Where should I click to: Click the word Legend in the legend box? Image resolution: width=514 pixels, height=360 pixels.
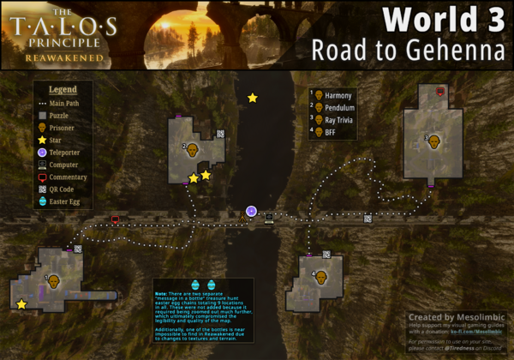[63, 89]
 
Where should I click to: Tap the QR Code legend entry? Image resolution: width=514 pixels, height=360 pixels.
[65, 189]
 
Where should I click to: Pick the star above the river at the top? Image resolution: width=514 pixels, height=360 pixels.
[252, 98]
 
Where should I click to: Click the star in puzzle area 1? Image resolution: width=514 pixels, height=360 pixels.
[21, 303]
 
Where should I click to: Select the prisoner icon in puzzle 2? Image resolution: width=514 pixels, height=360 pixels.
[194, 150]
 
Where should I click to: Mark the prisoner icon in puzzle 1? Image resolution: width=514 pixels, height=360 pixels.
[54, 280]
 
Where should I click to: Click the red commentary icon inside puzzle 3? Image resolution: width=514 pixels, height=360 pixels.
[440, 90]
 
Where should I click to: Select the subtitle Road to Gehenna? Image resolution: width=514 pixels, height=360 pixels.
[409, 50]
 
